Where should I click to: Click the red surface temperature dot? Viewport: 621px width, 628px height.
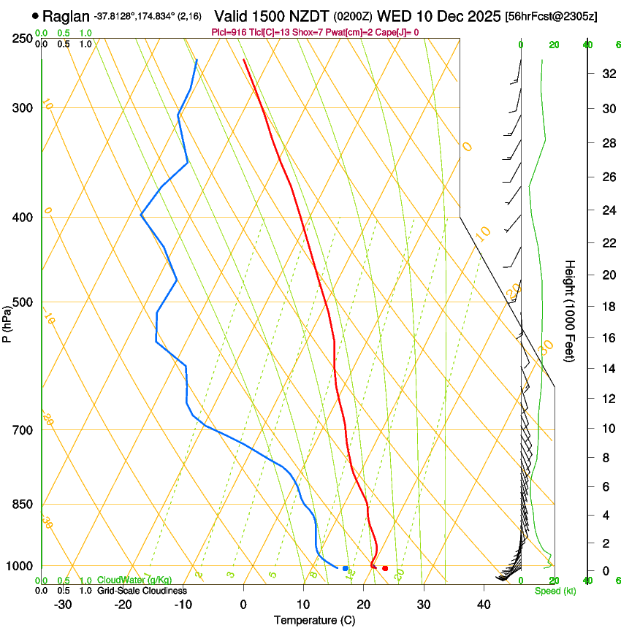pyautogui.click(x=385, y=568)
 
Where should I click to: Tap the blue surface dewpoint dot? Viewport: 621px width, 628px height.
pyautogui.click(x=346, y=568)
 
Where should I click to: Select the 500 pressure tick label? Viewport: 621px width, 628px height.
pyautogui.click(x=22, y=302)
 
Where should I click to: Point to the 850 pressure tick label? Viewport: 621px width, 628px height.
pyautogui.click(x=22, y=505)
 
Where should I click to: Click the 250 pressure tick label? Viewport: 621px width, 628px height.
pyautogui.click(x=22, y=38)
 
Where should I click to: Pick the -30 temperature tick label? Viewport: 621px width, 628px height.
pyautogui.click(x=63, y=605)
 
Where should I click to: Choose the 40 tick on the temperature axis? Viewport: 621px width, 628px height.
pyautogui.click(x=484, y=605)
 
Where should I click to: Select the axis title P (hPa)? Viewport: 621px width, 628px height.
pyautogui.click(x=7, y=321)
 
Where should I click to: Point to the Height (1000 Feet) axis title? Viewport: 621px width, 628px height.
pyautogui.click(x=571, y=310)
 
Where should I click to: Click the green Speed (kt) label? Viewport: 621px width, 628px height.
pyautogui.click(x=555, y=591)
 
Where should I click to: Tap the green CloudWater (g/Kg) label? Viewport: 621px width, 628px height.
pyautogui.click(x=123, y=581)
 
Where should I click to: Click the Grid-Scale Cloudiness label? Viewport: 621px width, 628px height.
pyautogui.click(x=141, y=591)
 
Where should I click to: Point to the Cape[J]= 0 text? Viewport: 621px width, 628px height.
pyautogui.click(x=397, y=32)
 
